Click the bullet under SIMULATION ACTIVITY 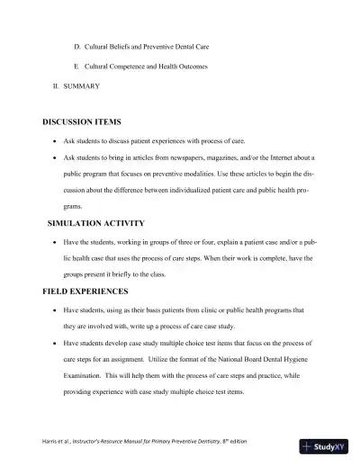click(57, 243)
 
